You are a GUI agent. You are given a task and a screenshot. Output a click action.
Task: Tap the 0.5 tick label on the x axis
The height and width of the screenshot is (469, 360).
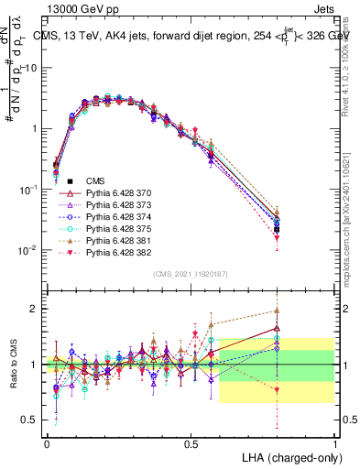pyautogui.click(x=191, y=443)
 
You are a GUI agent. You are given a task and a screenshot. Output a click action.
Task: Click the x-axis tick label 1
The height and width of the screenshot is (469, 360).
pyautogui.click(x=334, y=443)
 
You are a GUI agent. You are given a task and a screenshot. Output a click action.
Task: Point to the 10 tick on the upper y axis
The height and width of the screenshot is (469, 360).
pyautogui.click(x=29, y=69)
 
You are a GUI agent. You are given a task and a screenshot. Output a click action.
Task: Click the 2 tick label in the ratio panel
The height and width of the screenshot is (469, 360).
pyautogui.click(x=34, y=309)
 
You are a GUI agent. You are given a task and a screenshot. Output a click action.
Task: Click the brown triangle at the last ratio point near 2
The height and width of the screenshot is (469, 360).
pyautogui.click(x=277, y=311)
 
